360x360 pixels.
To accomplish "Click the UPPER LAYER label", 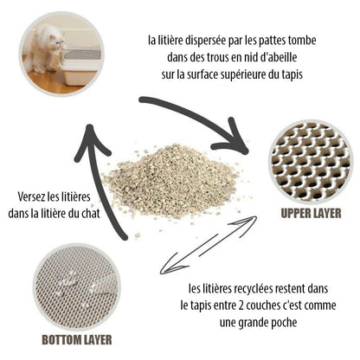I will [309, 212].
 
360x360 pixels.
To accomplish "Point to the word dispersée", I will [200, 39].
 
